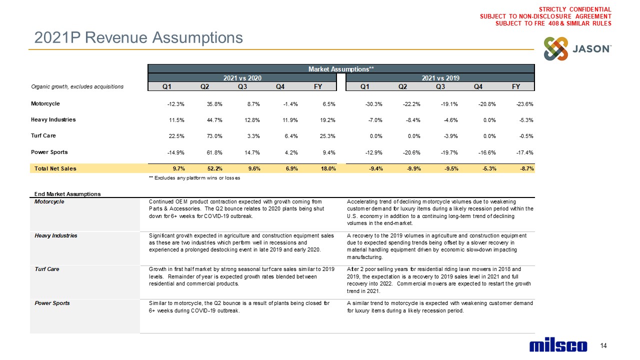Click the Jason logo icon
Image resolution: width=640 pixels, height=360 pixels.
coord(556,49)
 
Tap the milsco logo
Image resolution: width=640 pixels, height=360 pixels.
coord(558,346)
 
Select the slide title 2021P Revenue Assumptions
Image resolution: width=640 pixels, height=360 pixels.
coord(138,37)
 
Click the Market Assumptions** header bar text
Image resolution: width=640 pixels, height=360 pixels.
coord(341,68)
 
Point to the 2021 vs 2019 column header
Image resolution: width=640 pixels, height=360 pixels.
coord(440,77)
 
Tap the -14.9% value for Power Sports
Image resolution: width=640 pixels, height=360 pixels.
coord(175,152)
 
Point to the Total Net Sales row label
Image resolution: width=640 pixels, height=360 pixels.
coord(55,168)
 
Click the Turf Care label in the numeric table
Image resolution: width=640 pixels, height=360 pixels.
coord(43,135)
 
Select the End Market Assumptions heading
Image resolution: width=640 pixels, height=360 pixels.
coord(67,194)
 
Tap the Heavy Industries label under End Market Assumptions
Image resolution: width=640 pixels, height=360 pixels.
coord(55,235)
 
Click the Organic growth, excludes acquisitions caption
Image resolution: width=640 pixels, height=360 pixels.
coord(77,86)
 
